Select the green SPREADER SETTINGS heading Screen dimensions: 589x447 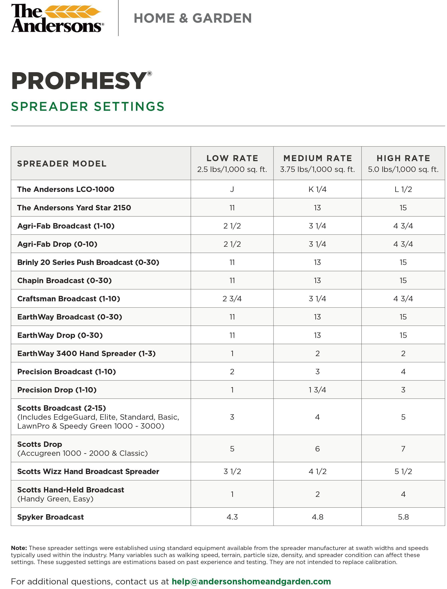[88, 107]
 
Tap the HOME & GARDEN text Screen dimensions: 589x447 [193, 18]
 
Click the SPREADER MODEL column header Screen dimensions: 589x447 [62, 164]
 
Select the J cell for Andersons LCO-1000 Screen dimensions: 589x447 [232, 189]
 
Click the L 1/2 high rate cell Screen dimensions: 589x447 [403, 189]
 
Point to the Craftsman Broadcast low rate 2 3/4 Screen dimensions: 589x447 [232, 299]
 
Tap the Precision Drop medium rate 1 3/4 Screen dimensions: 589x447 [317, 390]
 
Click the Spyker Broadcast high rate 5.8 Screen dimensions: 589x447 [403, 517]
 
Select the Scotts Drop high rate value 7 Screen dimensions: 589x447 [403, 449]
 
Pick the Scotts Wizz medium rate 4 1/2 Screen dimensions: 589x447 [317, 472]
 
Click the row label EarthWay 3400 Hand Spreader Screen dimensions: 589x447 [86, 354]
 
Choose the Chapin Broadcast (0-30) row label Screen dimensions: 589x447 [64, 281]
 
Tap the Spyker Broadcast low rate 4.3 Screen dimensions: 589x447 [232, 517]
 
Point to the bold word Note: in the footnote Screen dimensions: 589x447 [19, 548]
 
